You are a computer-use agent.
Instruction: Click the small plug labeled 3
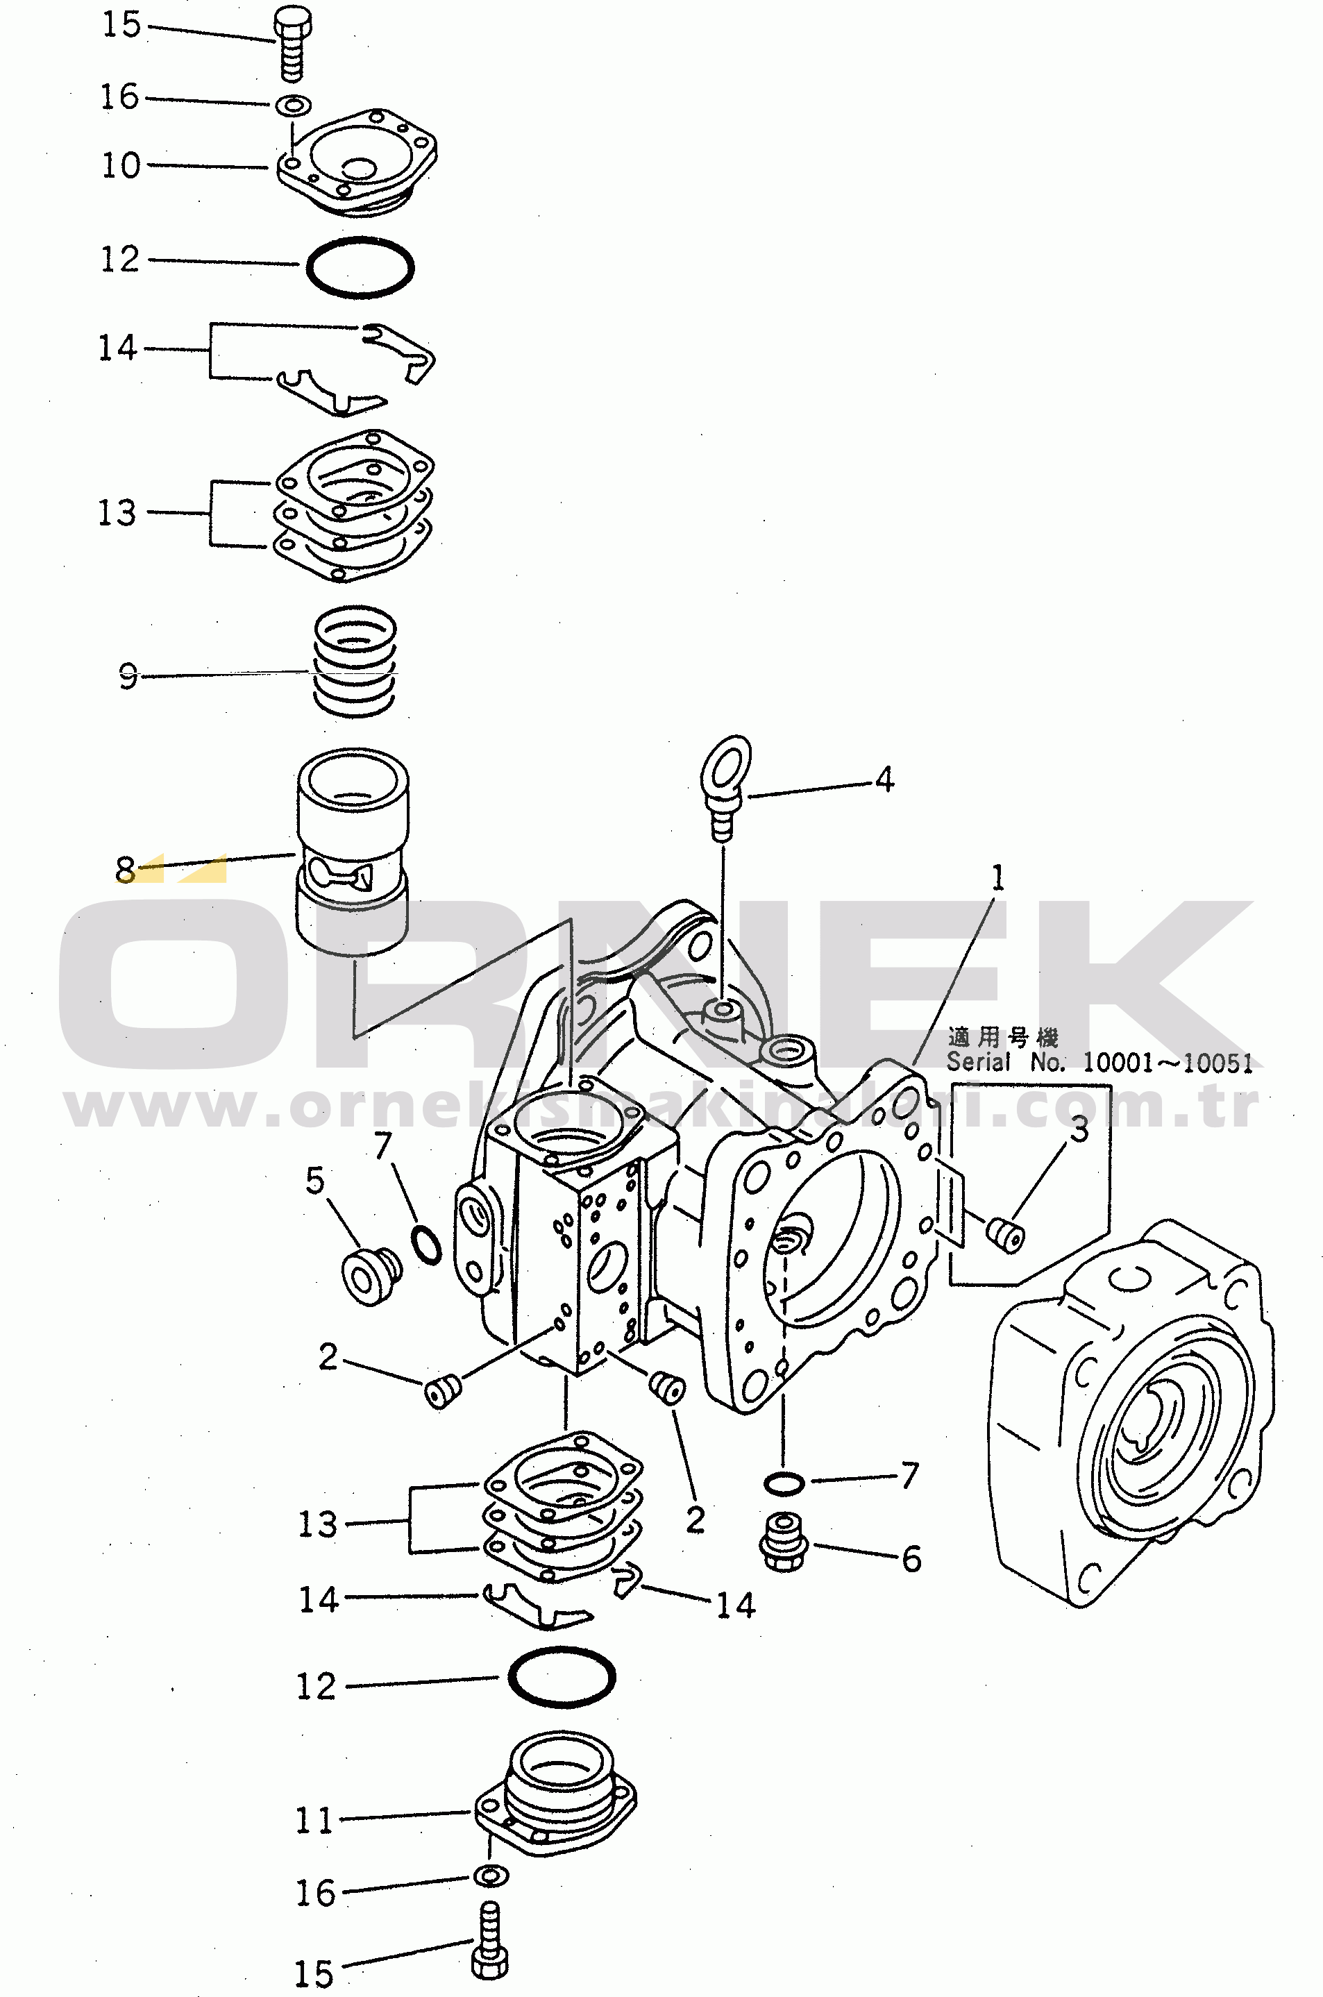[x=1006, y=1234]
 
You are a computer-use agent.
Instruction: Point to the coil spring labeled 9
[x=355, y=663]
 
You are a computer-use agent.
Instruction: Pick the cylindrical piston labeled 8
[x=353, y=852]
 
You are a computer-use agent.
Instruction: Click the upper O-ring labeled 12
[x=360, y=267]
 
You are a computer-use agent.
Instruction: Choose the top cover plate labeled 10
[x=357, y=161]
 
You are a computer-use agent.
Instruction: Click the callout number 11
[x=314, y=1821]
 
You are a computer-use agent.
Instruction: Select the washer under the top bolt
[x=294, y=106]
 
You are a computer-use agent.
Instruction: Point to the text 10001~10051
[x=1168, y=1063]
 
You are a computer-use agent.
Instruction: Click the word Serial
[x=978, y=1062]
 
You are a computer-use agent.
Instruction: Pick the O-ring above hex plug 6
[x=784, y=1483]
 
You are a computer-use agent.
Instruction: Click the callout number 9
[x=128, y=676]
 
